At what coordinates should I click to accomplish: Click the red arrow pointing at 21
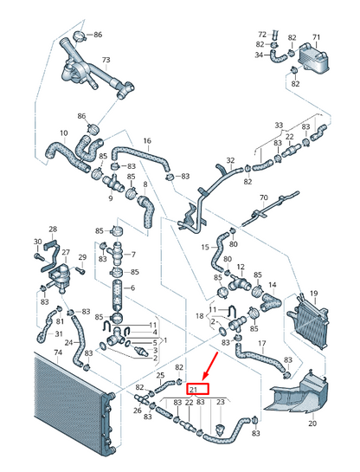tap(210, 365)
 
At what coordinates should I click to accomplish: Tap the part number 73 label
tap(106, 60)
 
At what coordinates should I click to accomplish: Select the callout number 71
tap(316, 37)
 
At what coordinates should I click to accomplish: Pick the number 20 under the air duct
tap(312, 423)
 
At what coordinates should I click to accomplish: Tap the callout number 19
tap(314, 293)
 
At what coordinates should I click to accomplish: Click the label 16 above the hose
tap(147, 140)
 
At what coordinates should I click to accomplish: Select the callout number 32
tap(230, 160)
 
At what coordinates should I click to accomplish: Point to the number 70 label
tap(263, 197)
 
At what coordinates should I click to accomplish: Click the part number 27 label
tap(66, 252)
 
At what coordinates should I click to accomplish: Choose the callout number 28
tap(53, 230)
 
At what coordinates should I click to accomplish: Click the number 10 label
tap(64, 133)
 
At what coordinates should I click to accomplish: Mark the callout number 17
tap(262, 343)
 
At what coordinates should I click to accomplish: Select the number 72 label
tap(262, 34)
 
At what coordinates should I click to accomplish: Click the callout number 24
tap(69, 343)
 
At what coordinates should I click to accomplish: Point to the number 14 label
tap(273, 285)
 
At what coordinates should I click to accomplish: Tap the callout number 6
tap(132, 288)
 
